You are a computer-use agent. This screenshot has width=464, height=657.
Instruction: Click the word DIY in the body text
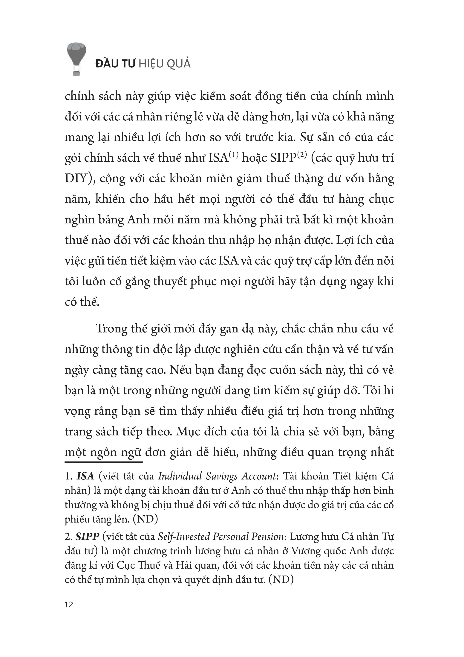pyautogui.click(x=76, y=179)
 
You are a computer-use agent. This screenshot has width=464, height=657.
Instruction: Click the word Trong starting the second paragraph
pyautogui.click(x=111, y=329)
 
